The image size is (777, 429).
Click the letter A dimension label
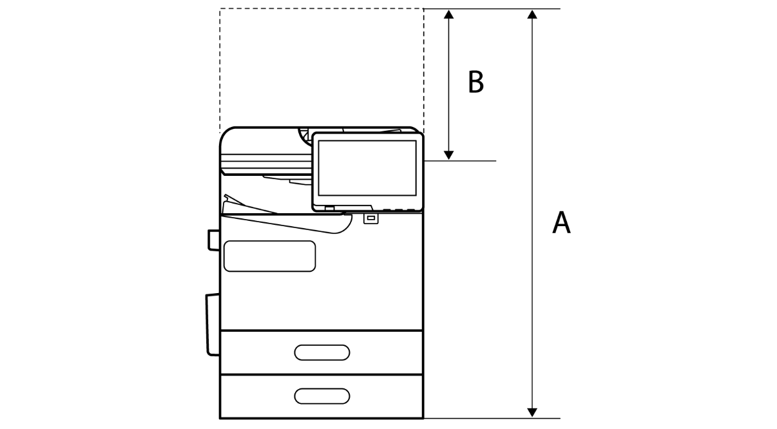(561, 223)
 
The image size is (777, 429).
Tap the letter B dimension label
(475, 82)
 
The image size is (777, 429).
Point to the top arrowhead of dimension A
(532, 14)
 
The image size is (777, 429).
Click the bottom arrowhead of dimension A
(532, 412)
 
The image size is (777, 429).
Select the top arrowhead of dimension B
(449, 14)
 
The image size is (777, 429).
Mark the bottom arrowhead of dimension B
(449, 155)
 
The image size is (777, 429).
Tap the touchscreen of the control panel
(367, 168)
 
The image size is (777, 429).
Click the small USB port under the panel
(370, 218)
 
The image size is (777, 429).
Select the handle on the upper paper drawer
(322, 352)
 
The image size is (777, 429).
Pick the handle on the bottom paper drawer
(322, 395)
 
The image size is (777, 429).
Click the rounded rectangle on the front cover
(269, 256)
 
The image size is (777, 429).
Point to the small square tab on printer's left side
(213, 239)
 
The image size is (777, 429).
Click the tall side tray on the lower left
(212, 324)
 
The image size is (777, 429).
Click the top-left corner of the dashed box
(220, 9)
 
